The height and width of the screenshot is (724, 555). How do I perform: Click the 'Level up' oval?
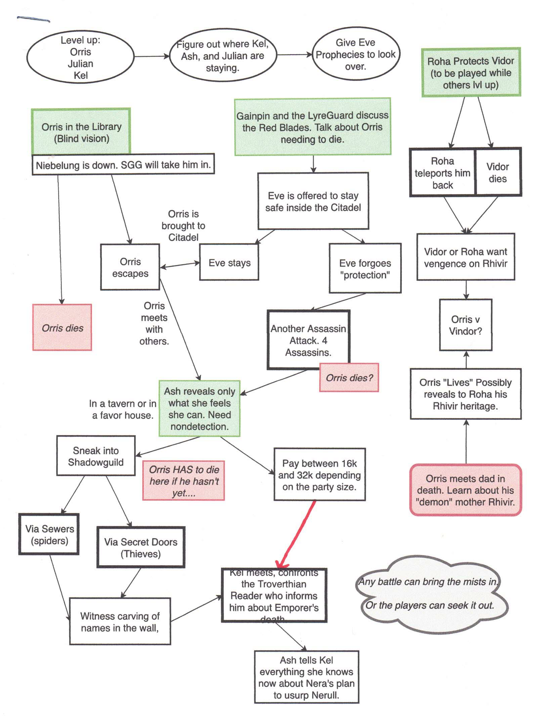80,57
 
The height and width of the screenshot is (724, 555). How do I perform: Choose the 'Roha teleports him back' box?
442,172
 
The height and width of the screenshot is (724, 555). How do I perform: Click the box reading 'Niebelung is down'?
123,164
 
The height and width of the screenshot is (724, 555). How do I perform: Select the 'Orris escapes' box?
130,267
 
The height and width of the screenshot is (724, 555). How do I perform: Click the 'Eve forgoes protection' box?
365,268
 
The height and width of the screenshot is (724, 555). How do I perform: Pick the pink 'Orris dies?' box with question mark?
349,378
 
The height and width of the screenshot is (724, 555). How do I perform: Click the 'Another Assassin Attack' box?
308,340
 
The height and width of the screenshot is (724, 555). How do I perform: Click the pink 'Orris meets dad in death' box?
465,490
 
